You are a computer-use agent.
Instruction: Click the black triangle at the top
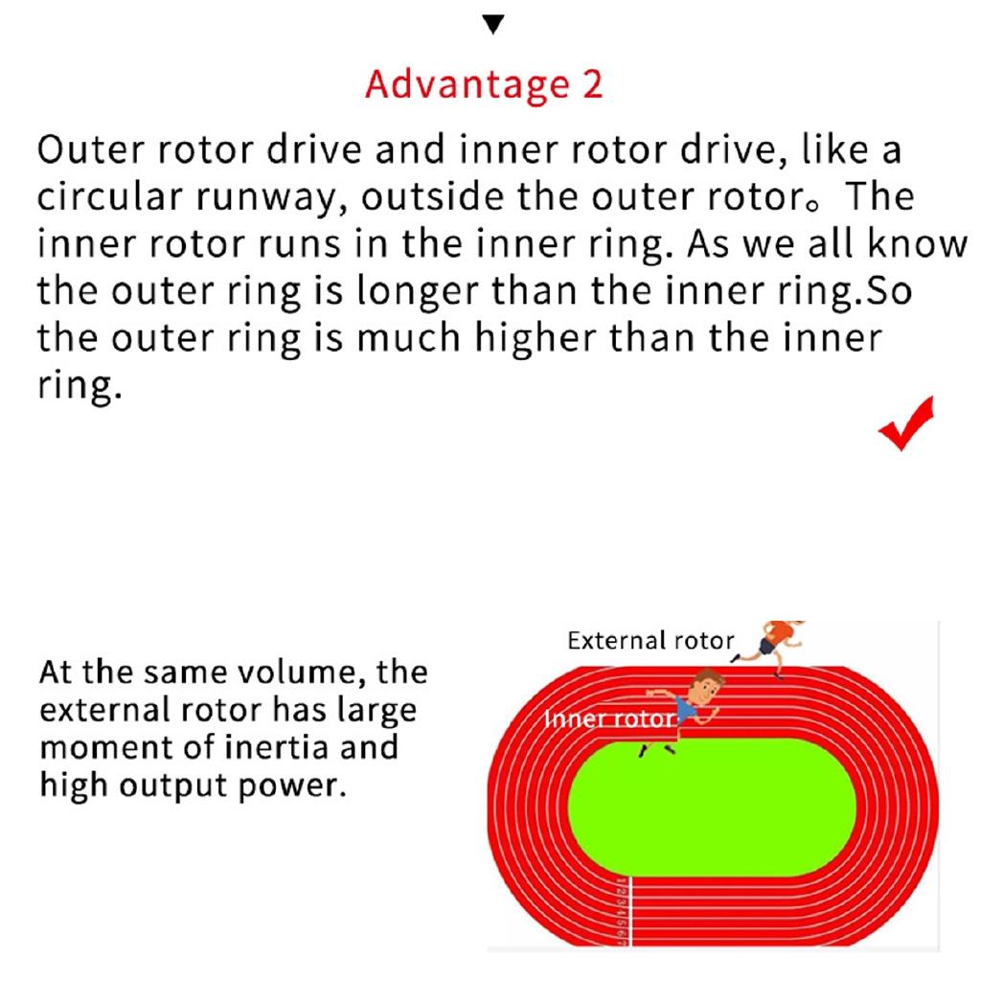click(493, 24)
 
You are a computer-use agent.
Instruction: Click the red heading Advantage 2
click(484, 84)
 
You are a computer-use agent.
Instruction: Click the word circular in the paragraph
click(109, 196)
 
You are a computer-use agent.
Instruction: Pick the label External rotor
click(650, 641)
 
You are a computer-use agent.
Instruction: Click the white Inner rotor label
click(610, 719)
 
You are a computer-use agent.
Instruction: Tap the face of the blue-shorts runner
click(708, 688)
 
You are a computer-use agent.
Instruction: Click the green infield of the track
click(712, 808)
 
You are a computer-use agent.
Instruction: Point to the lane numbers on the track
click(621, 910)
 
